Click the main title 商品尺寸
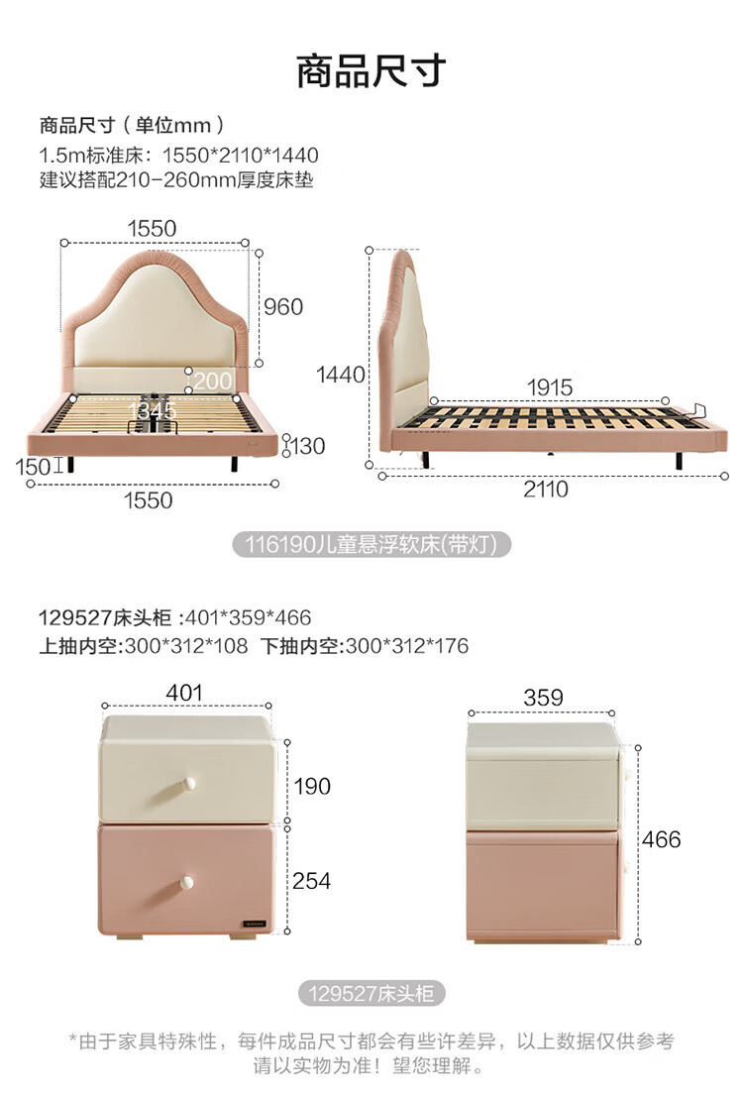point(371,71)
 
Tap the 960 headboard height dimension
point(283,306)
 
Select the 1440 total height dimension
point(341,375)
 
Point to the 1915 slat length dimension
point(549,387)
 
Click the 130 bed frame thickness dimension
point(307,446)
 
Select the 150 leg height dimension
point(34,464)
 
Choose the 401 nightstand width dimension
point(185,693)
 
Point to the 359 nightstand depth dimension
point(542,698)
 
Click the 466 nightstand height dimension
point(661,839)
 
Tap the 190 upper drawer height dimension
point(312,787)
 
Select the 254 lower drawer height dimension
point(311,881)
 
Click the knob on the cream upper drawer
point(186,786)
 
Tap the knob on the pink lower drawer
point(186,880)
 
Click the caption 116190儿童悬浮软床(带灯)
point(371,543)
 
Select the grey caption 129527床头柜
point(371,993)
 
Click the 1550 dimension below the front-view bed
point(148,500)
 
